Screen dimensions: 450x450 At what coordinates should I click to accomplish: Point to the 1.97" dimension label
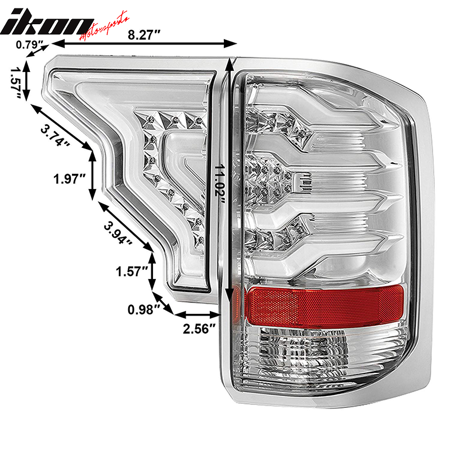pyautogui.click(x=69, y=179)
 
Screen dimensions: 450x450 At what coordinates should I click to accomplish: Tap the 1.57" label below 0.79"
pyautogui.click(x=15, y=82)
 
